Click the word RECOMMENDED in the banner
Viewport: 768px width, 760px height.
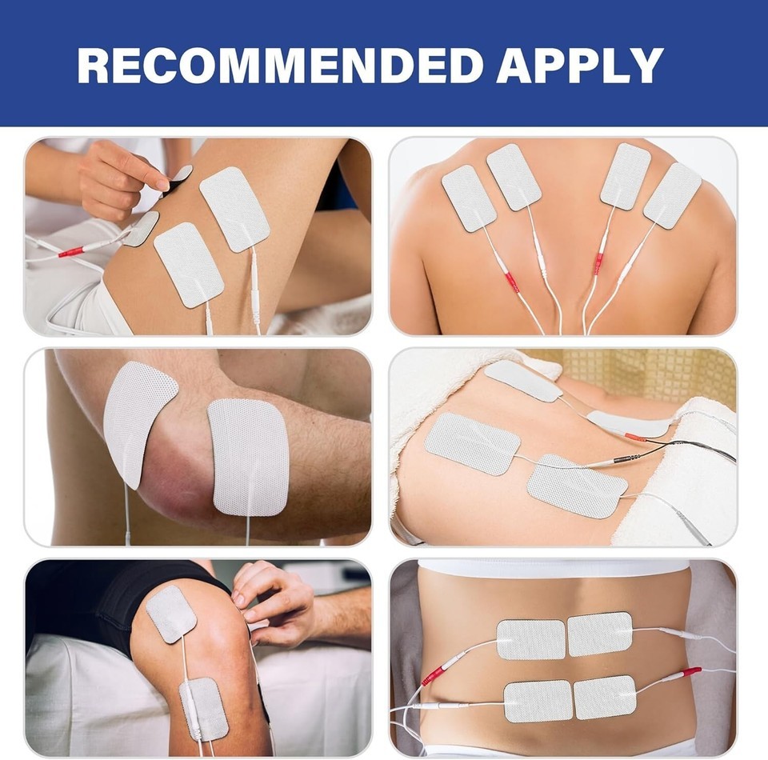[x=280, y=65]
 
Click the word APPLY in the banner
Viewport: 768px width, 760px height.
[x=580, y=65]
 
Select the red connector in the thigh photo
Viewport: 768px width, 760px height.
[x=71, y=252]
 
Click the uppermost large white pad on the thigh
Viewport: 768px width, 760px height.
[x=234, y=209]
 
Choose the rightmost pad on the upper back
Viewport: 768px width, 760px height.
[x=672, y=195]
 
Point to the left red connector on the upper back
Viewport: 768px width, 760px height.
[x=511, y=282]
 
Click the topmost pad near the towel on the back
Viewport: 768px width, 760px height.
[x=523, y=381]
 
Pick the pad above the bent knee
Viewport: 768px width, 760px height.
[x=171, y=614]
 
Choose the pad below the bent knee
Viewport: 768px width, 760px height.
[x=204, y=709]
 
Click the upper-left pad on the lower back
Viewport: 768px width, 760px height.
[x=531, y=639]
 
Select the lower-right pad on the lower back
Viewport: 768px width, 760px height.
[x=605, y=698]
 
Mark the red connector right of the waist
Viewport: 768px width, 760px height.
[x=690, y=671]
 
